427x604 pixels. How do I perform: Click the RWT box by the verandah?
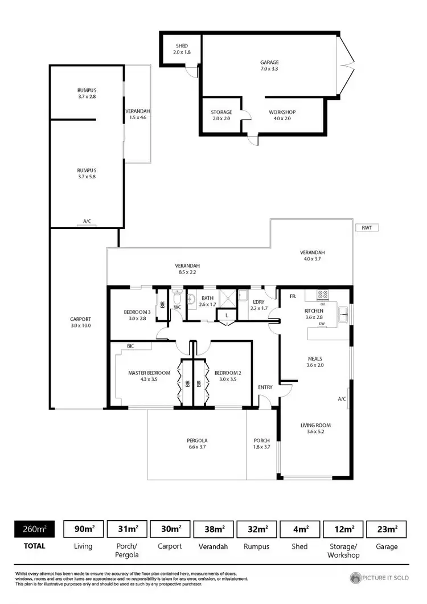(366, 227)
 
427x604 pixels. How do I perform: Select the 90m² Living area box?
(83, 529)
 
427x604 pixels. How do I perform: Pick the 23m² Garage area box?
(388, 529)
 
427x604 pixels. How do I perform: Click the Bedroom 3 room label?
(137, 315)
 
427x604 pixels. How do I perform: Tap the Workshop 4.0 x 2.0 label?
(282, 115)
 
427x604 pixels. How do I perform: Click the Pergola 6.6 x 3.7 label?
(197, 444)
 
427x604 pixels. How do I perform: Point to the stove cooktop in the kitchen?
(323, 295)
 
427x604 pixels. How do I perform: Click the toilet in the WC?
(178, 298)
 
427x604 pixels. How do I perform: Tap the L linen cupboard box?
(227, 315)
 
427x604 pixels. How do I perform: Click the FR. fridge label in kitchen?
(293, 297)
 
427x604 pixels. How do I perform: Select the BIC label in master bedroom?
(130, 346)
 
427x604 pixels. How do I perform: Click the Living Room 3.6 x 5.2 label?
(315, 428)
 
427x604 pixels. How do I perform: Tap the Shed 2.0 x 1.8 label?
(182, 49)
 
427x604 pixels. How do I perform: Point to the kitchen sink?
(344, 311)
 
